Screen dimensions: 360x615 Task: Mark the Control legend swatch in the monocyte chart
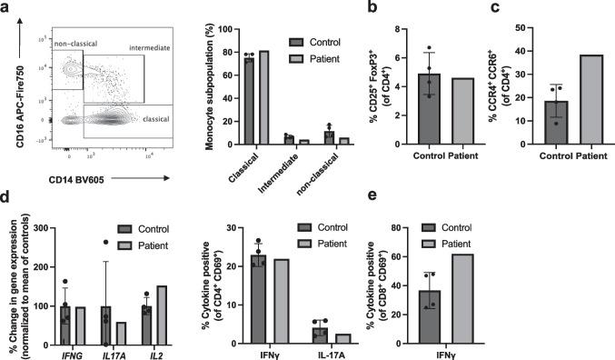coord(296,42)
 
